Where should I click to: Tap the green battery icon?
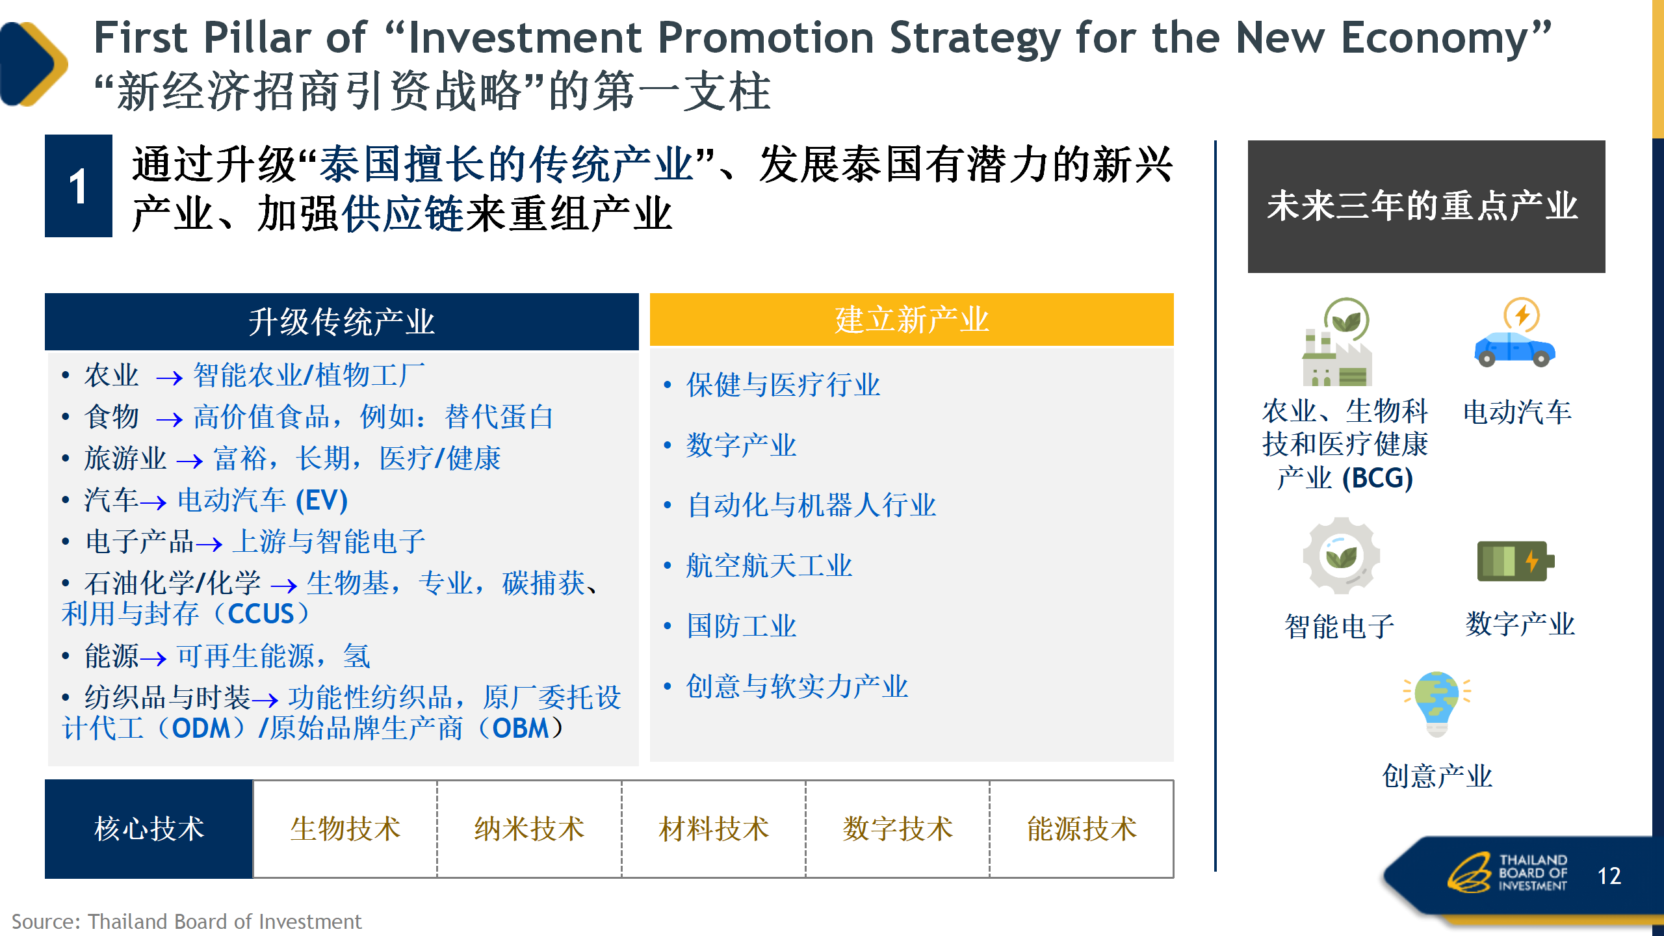(1515, 561)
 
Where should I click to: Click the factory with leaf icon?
(1338, 342)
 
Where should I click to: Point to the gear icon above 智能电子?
(1341, 556)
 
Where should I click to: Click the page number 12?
(1609, 876)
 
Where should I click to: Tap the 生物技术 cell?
(345, 829)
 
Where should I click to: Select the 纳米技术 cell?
(529, 829)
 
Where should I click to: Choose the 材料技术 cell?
(714, 829)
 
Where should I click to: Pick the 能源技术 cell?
(1082, 829)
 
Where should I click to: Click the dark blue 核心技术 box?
(149, 829)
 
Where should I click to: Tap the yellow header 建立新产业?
(912, 319)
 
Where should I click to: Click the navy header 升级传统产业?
(342, 322)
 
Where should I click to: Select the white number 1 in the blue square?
(78, 187)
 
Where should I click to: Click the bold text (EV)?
(322, 500)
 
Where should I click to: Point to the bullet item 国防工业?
(741, 626)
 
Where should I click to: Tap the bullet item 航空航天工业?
(769, 565)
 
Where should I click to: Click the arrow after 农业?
(169, 378)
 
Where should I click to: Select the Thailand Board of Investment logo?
(1507, 872)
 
